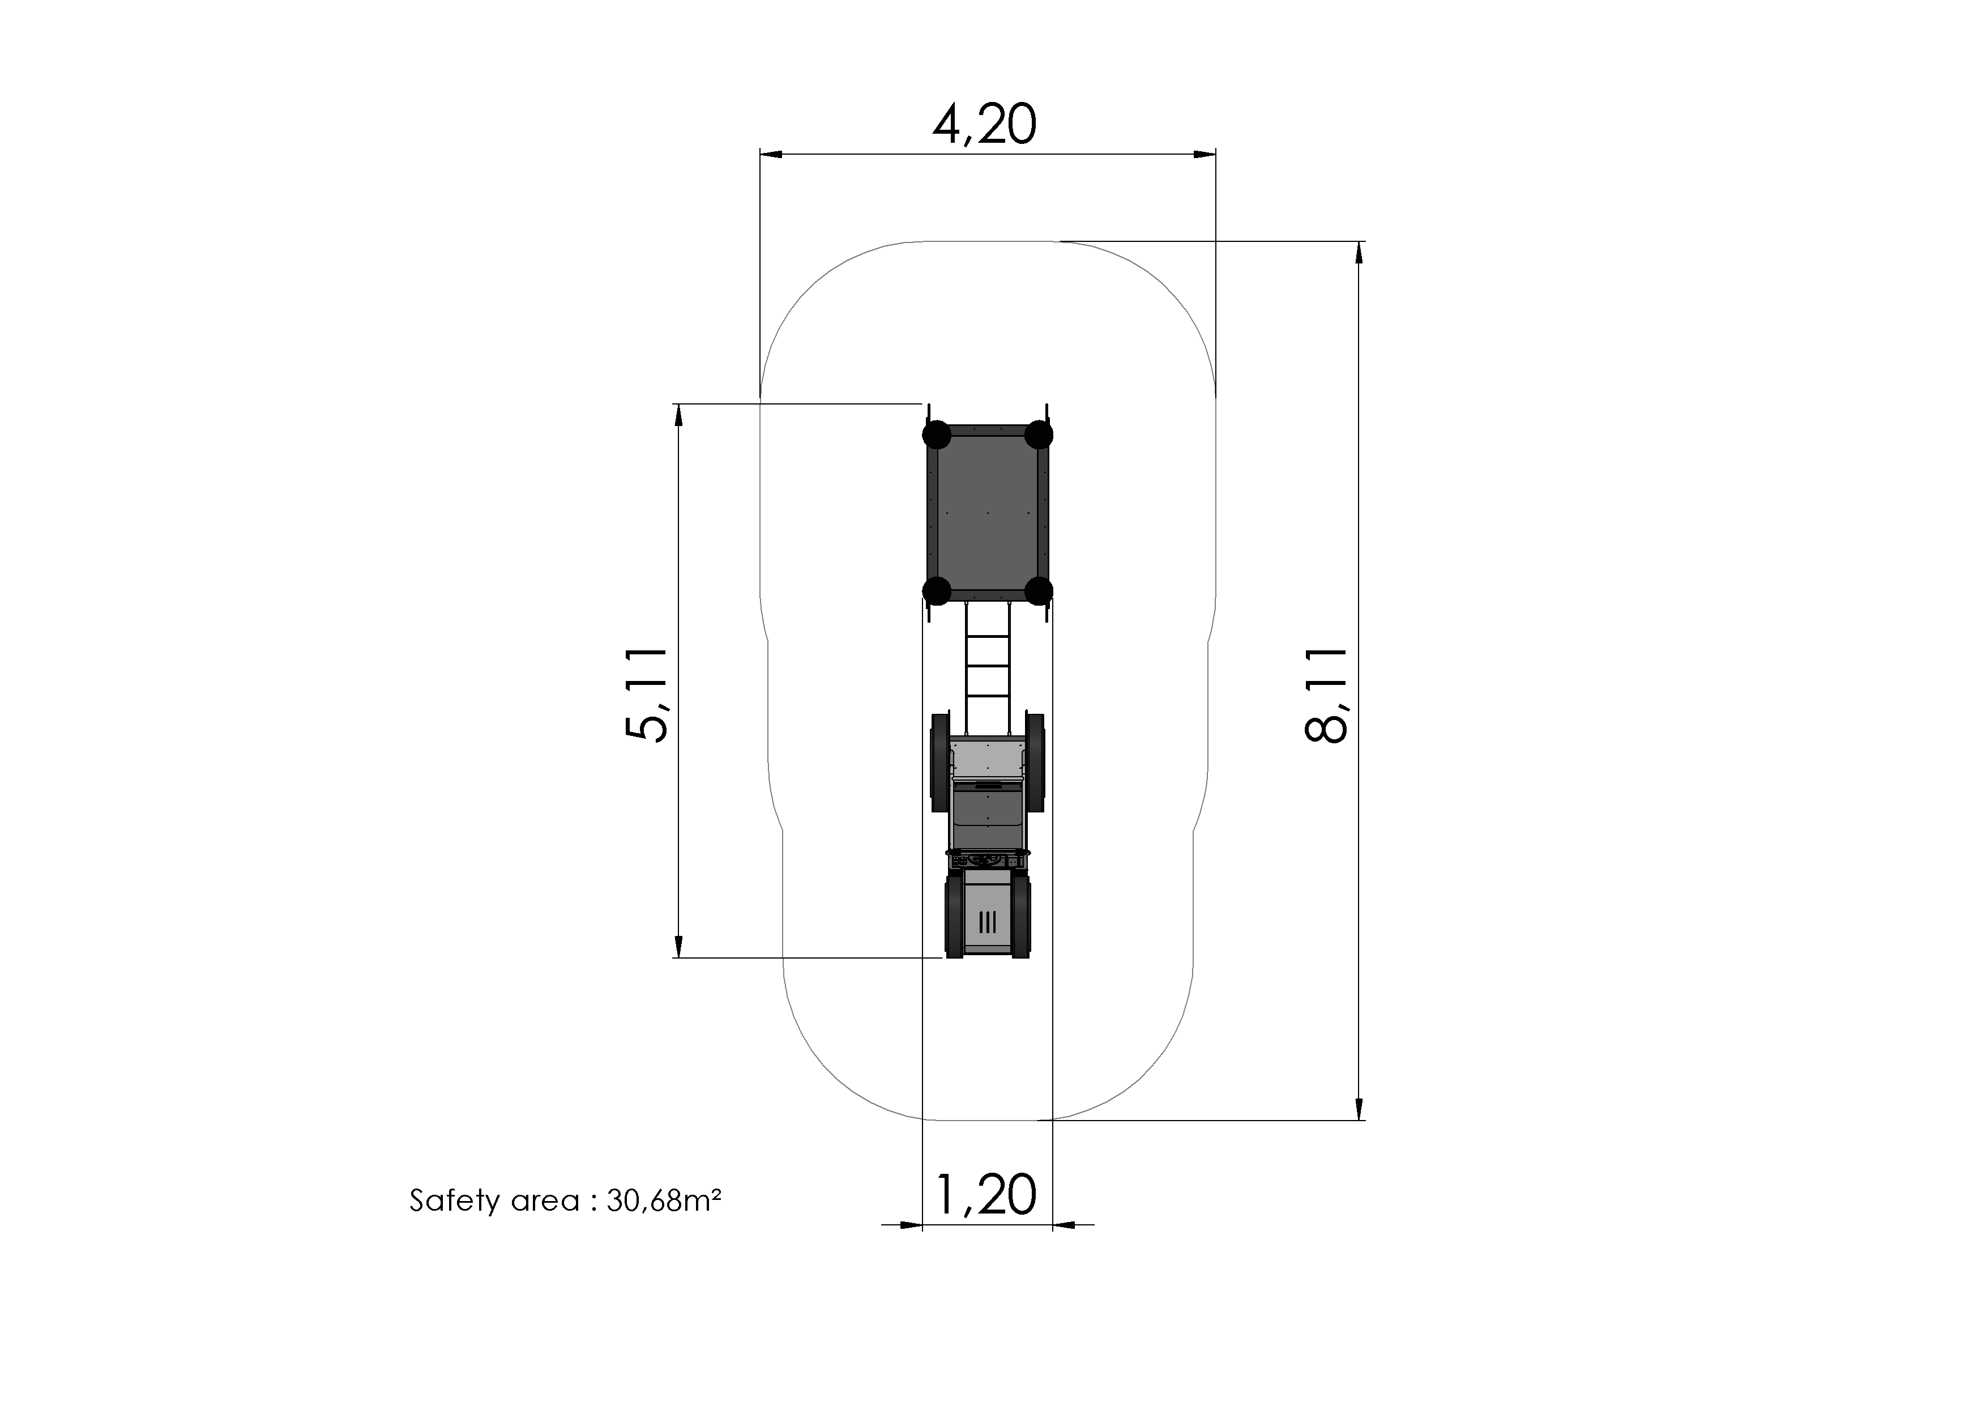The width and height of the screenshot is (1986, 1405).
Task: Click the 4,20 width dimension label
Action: pyautogui.click(x=984, y=125)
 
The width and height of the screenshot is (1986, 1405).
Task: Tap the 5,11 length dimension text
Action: pyautogui.click(x=646, y=695)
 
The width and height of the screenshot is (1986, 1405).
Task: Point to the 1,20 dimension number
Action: pyautogui.click(x=986, y=1195)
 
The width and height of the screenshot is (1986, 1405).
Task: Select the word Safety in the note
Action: pyautogui.click(x=454, y=1201)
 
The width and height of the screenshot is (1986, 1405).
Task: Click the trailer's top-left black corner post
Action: pyautogui.click(x=937, y=435)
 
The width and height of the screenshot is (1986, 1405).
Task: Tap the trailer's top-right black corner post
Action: pyautogui.click(x=1039, y=435)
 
